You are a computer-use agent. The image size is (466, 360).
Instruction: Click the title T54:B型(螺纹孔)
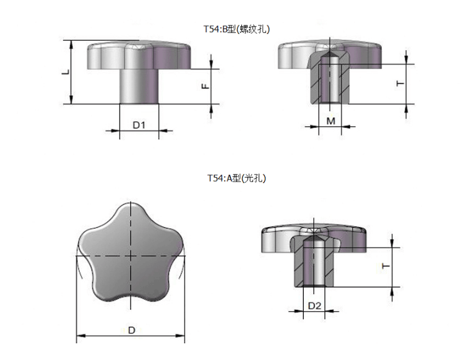tap(236, 29)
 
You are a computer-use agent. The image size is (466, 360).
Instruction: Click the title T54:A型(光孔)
tap(236, 178)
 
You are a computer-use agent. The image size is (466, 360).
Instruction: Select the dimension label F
tap(205, 87)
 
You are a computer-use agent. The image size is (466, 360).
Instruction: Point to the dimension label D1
tap(139, 125)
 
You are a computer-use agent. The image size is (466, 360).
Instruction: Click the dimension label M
tap(330, 121)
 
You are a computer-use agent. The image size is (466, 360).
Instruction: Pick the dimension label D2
tap(314, 306)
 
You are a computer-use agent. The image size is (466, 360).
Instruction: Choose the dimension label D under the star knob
tap(131, 330)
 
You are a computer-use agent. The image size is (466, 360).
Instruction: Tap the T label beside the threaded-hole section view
tap(400, 83)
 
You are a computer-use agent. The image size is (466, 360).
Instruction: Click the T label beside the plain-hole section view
tap(386, 266)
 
